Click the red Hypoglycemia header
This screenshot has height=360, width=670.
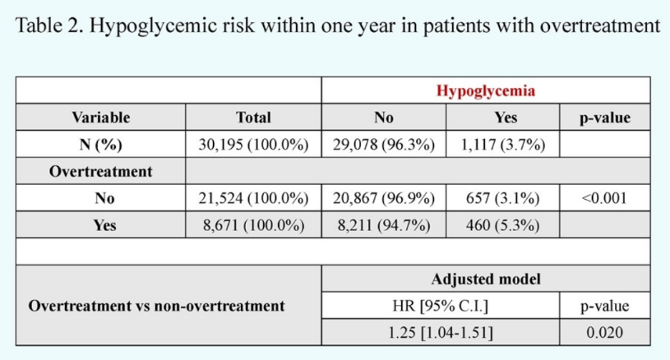click(485, 91)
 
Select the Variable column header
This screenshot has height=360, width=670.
click(101, 118)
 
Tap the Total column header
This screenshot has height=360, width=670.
click(253, 118)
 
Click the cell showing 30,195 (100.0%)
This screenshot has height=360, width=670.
click(253, 145)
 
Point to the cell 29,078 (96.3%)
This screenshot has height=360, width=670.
click(384, 145)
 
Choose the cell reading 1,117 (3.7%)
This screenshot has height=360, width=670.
click(503, 145)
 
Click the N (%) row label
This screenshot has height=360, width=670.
click(101, 145)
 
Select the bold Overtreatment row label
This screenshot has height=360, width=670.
click(101, 171)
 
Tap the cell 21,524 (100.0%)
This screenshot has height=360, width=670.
click(253, 198)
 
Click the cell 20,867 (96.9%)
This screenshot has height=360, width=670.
click(384, 198)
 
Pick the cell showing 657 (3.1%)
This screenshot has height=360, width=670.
click(503, 198)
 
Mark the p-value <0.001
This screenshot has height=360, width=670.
click(604, 198)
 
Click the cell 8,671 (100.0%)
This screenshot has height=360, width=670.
click(253, 225)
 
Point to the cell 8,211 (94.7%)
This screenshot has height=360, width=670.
click(384, 225)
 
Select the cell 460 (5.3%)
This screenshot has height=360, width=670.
click(503, 225)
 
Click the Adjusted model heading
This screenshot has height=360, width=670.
click(486, 279)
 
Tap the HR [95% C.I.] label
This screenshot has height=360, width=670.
click(440, 306)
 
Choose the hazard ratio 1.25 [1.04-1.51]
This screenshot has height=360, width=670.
click(440, 333)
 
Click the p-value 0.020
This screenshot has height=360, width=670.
click(604, 333)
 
